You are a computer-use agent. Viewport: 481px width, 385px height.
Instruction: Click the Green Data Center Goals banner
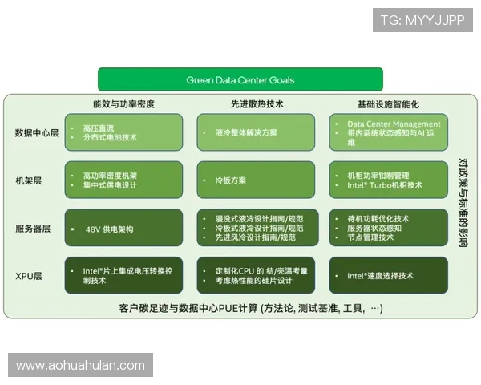[x=240, y=80]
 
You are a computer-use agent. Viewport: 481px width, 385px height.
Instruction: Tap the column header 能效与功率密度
[x=123, y=104]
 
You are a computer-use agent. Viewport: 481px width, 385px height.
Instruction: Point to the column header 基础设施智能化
[x=388, y=104]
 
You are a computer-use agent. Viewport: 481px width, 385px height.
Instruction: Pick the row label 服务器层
[x=33, y=229]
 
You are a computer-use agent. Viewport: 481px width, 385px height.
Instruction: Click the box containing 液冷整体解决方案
[x=257, y=132]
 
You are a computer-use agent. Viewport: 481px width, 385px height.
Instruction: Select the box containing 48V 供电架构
[x=124, y=229]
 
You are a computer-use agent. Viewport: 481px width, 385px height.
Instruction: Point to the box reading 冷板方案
[x=257, y=180]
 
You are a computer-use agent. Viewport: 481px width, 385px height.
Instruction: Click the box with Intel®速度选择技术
[x=388, y=276]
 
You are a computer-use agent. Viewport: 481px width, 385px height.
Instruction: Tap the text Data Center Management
[x=394, y=124]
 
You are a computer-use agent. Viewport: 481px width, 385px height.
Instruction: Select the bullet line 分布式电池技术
[x=110, y=137]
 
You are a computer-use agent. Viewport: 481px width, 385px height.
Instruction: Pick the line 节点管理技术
[x=370, y=237]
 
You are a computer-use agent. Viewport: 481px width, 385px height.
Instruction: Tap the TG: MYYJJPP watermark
[x=422, y=20]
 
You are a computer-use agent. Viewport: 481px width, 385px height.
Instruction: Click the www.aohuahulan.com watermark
[x=80, y=366]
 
